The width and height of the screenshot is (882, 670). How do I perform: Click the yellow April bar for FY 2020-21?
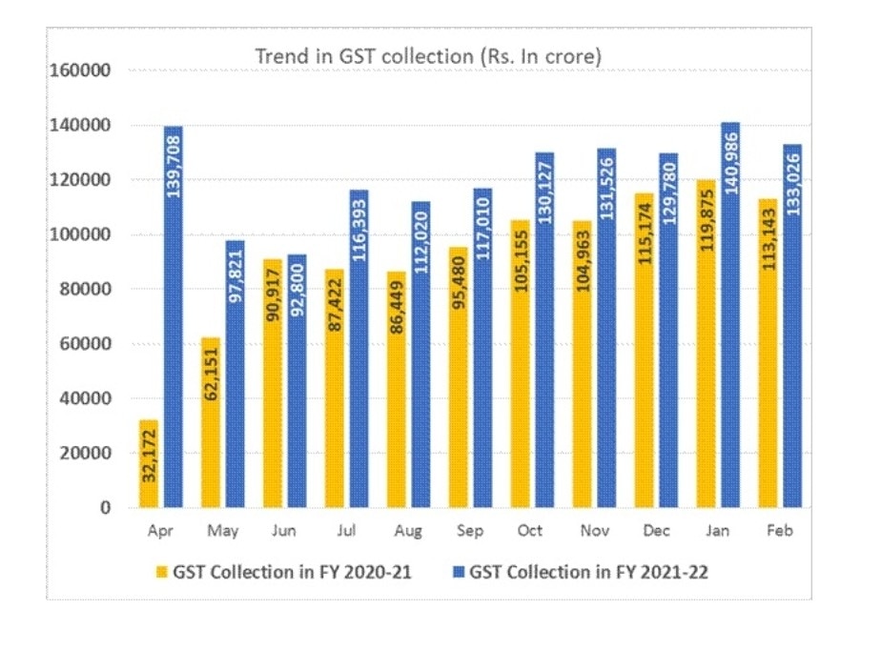[149, 463]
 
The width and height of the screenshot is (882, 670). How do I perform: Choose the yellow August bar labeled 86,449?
[396, 390]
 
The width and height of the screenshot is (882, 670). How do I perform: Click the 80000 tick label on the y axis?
[85, 290]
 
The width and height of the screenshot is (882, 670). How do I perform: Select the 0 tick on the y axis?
[106, 508]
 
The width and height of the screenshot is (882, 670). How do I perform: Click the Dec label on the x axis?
[654, 532]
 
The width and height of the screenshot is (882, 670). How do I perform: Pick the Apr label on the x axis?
[161, 532]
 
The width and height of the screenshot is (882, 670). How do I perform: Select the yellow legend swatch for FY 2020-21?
[161, 573]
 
